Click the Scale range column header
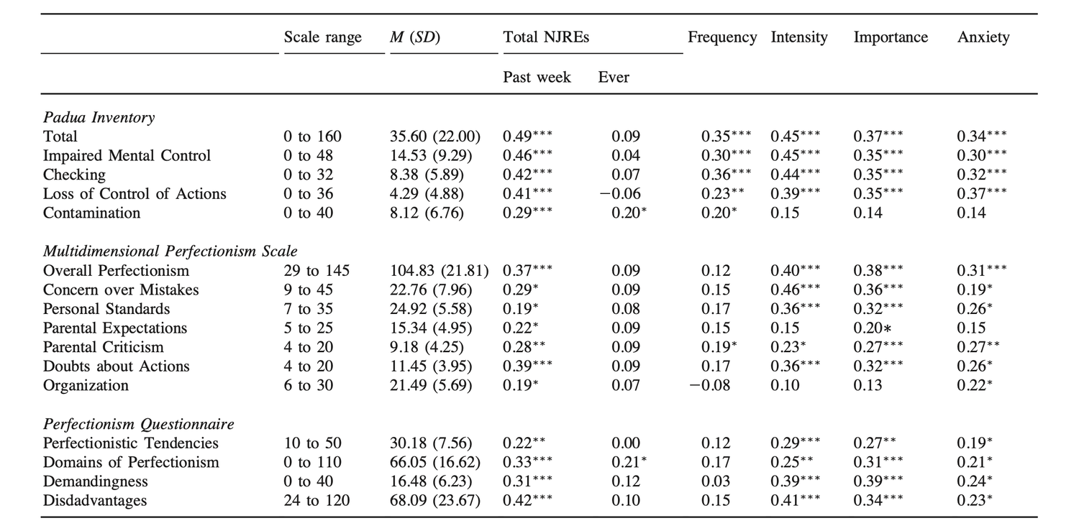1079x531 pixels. (x=322, y=37)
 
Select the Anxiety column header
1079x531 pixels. (x=983, y=37)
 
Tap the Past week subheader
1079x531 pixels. (x=537, y=77)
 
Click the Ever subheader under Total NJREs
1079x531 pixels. (x=613, y=77)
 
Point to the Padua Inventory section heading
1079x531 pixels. (x=99, y=117)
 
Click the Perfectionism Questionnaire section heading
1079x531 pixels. (x=139, y=424)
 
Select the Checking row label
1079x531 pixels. (x=74, y=175)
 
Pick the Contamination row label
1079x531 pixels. (x=91, y=213)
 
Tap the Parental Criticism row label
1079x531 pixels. (x=103, y=347)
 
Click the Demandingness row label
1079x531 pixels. (x=96, y=481)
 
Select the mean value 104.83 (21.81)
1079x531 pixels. (x=439, y=271)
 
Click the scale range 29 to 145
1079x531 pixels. (x=317, y=270)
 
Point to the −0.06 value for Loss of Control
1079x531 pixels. (x=620, y=193)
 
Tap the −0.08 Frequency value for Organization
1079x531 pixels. (x=709, y=385)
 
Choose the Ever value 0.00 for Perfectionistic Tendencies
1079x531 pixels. (x=626, y=443)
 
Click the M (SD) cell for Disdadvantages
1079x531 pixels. (x=435, y=501)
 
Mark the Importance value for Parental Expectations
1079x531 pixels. (x=873, y=328)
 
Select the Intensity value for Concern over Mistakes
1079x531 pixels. (x=795, y=290)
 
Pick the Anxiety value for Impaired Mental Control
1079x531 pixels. (x=982, y=155)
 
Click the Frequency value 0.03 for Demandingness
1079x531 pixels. (x=716, y=481)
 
